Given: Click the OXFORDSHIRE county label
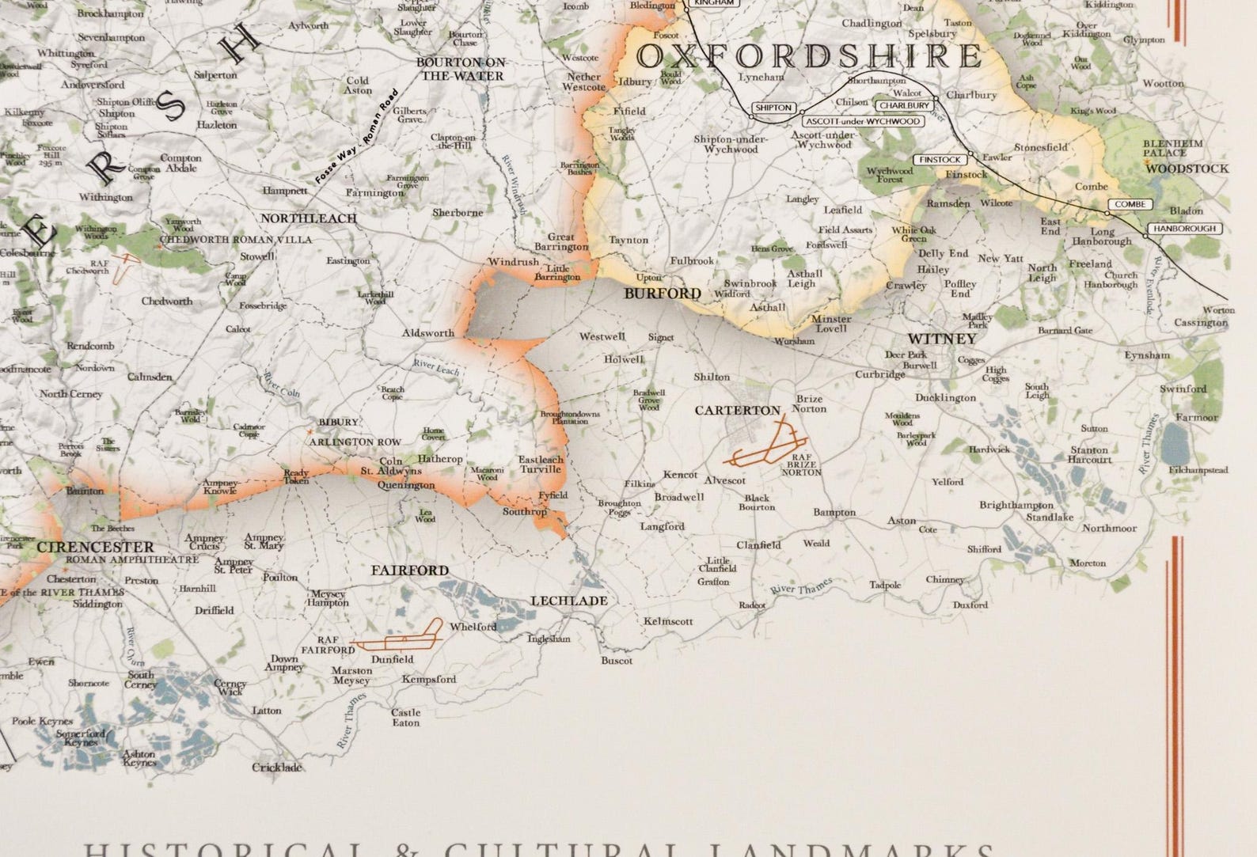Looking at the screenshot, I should point(809,57).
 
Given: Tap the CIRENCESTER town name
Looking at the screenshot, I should point(95,547).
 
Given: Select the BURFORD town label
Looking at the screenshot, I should point(663,294).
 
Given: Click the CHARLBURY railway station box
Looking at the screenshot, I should point(902,105).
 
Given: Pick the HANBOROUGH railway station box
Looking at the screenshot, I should point(1183,229).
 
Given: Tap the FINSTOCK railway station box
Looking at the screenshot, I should point(940,160).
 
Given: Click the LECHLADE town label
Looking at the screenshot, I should point(569,601).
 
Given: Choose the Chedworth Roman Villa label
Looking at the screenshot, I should point(237,239).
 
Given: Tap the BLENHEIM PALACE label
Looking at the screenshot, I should point(1173,148).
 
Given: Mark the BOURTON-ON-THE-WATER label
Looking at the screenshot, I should point(462,69).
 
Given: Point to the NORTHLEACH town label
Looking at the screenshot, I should point(309,218).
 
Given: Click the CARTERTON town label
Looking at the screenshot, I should point(738,411).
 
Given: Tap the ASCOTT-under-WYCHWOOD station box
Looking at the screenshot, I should point(863,121).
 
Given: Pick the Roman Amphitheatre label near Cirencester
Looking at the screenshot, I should point(132,559).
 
